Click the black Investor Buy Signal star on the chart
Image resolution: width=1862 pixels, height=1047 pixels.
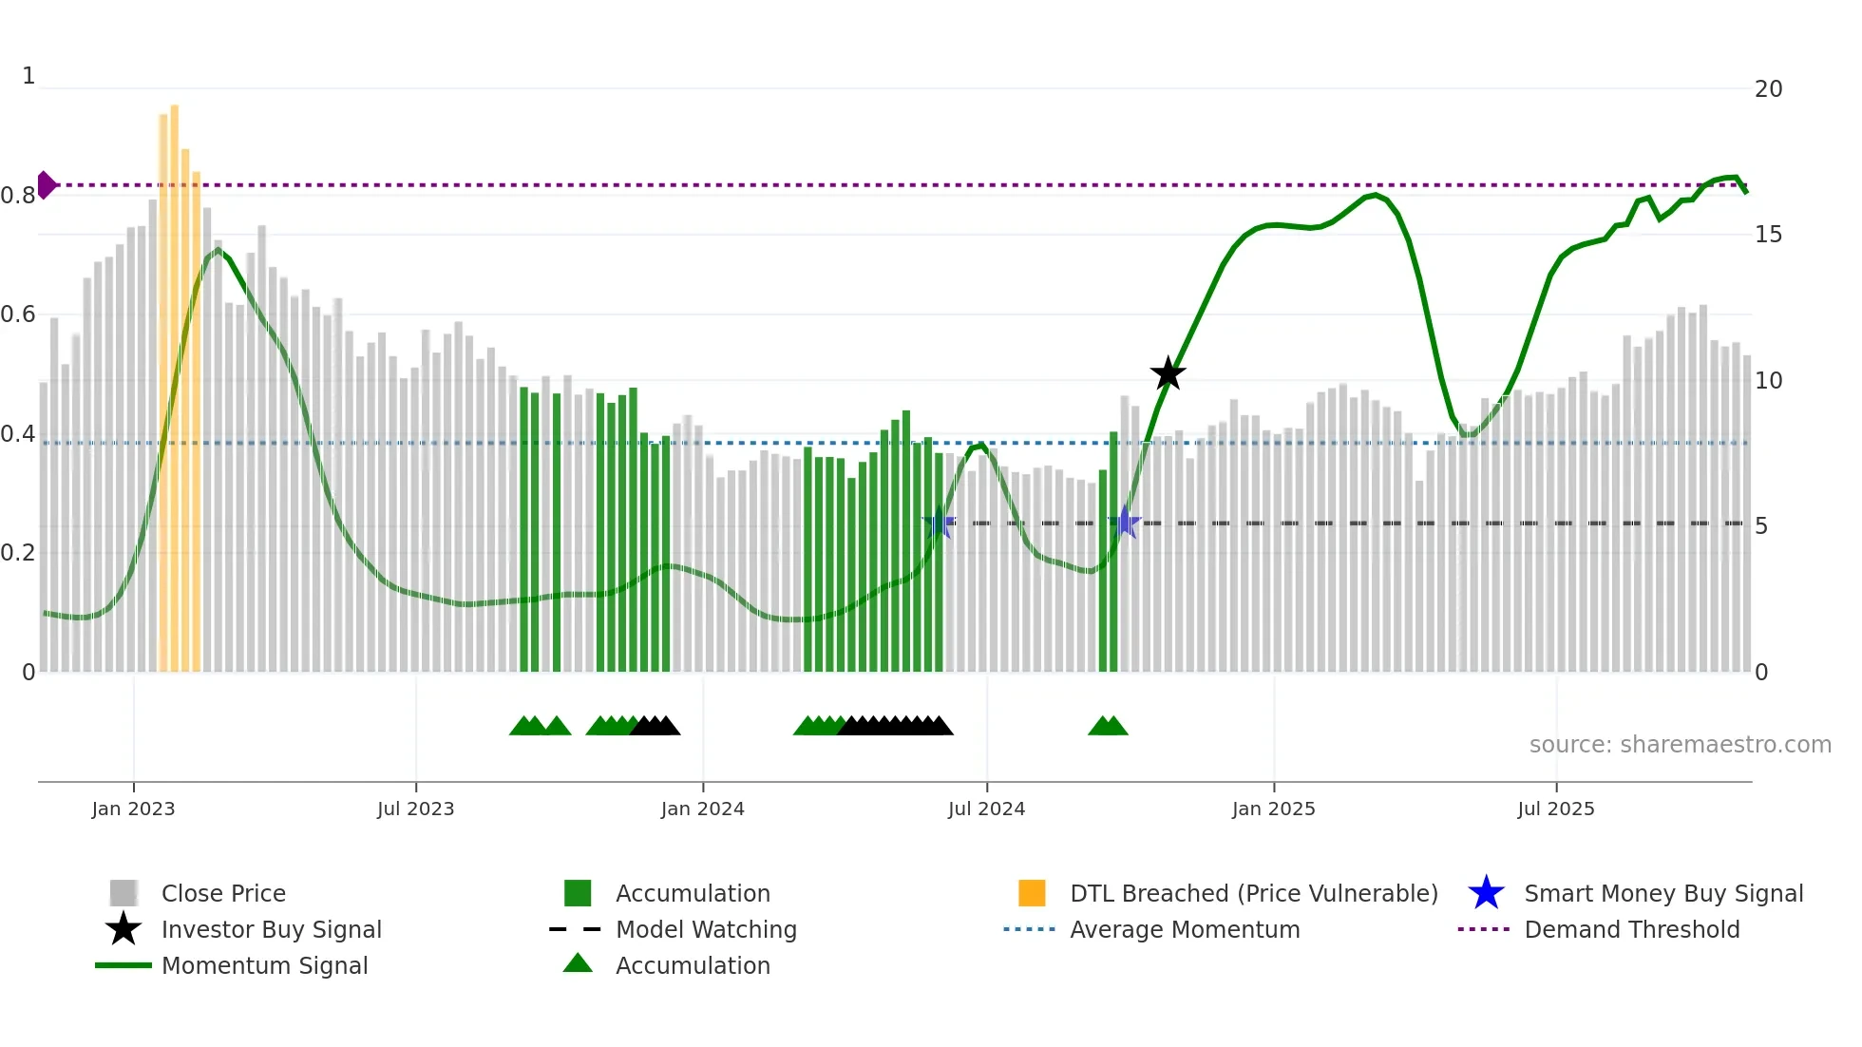click(1168, 373)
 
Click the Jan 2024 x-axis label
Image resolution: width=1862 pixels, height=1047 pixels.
click(702, 809)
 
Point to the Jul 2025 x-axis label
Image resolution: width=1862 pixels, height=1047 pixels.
click(1555, 809)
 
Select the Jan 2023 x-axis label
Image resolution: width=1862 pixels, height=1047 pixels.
click(133, 809)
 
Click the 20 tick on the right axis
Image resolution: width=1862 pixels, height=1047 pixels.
click(1768, 89)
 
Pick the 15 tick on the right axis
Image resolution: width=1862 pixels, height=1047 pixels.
click(1768, 235)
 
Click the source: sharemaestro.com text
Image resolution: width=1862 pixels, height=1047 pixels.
click(1680, 745)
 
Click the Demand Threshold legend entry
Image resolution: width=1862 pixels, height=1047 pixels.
click(1631, 929)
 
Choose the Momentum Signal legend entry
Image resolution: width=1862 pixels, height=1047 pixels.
click(264, 965)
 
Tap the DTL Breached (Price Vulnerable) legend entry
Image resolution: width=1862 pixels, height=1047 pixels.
click(1253, 893)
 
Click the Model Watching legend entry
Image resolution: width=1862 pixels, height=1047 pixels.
click(705, 929)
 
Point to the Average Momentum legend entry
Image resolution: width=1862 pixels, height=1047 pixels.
click(1184, 929)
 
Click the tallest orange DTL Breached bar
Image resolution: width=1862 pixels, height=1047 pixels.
click(175, 380)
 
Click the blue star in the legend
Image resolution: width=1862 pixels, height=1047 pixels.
click(1486, 893)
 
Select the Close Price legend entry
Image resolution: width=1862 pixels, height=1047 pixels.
click(222, 893)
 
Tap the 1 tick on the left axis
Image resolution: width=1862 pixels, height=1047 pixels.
click(28, 76)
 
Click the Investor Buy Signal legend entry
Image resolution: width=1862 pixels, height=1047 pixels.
click(271, 929)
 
